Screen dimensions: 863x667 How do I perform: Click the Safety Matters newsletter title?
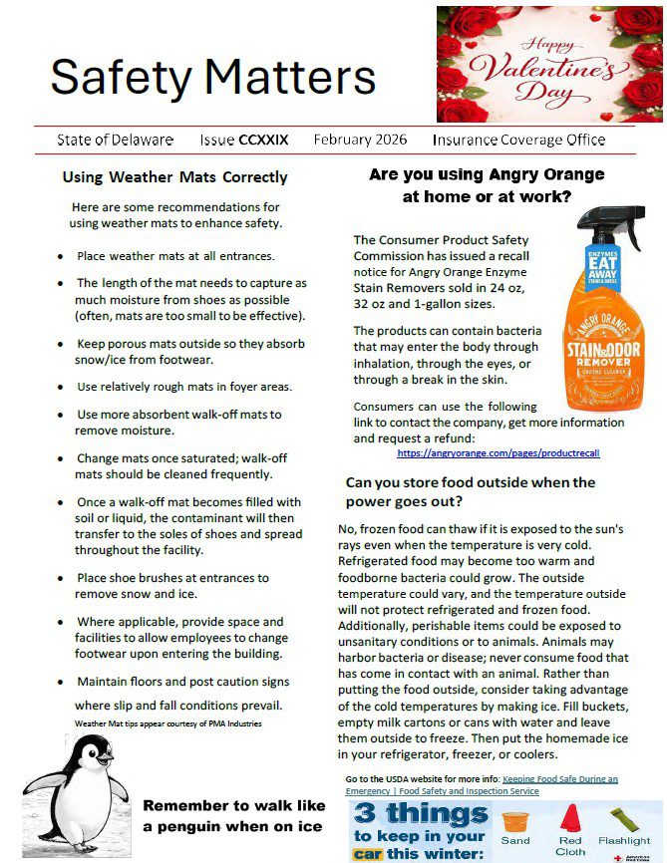click(212, 76)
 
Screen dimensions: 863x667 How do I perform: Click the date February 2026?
click(360, 141)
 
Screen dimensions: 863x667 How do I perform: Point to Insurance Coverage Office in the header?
click(518, 141)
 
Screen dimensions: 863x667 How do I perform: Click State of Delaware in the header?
click(115, 141)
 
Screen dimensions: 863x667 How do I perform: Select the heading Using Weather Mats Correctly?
click(174, 177)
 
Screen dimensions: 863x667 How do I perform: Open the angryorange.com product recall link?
click(498, 452)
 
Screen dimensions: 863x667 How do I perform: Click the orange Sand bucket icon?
click(514, 822)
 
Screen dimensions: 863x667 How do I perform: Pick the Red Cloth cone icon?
click(570, 819)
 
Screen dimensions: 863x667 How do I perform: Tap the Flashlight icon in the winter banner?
click(624, 819)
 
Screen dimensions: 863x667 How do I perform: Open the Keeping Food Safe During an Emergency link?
click(482, 784)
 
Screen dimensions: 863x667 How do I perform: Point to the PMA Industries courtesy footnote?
click(167, 722)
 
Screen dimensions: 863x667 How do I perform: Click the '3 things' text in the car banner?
click(420, 813)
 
